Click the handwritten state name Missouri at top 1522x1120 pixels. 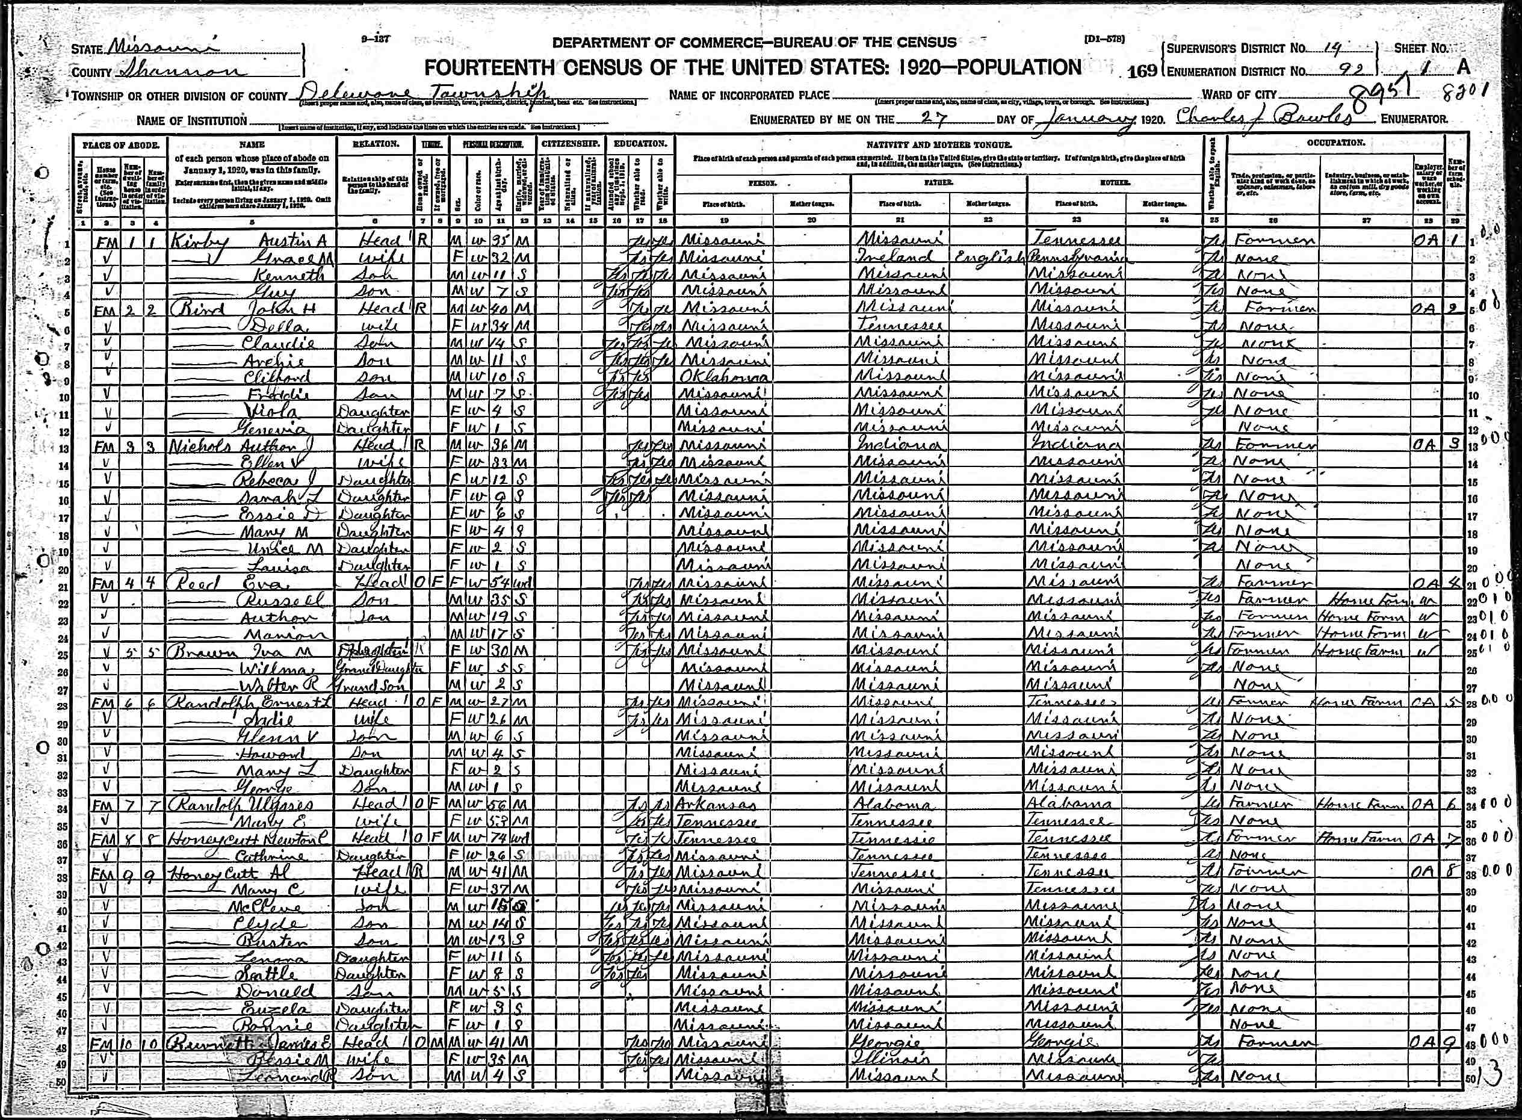[x=160, y=48]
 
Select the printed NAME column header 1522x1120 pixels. [x=252, y=144]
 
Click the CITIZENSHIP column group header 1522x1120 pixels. [x=569, y=144]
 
